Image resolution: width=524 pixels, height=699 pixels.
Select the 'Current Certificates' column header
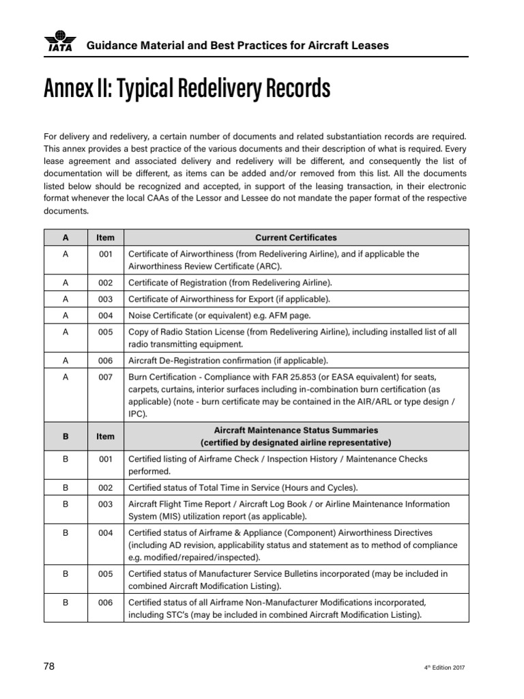[x=295, y=238]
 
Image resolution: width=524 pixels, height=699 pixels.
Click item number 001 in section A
[x=105, y=254]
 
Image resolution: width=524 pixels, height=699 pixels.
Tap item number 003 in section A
[x=105, y=299]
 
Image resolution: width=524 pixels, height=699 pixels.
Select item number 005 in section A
[x=105, y=332]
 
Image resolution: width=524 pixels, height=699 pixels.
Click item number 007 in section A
[x=105, y=377]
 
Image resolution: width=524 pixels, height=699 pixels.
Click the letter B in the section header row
[x=65, y=436]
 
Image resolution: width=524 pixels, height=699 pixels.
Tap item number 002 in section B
[x=105, y=487]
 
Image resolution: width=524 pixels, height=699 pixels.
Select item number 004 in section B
[x=105, y=532]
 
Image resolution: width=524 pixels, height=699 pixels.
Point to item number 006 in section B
[x=105, y=603]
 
